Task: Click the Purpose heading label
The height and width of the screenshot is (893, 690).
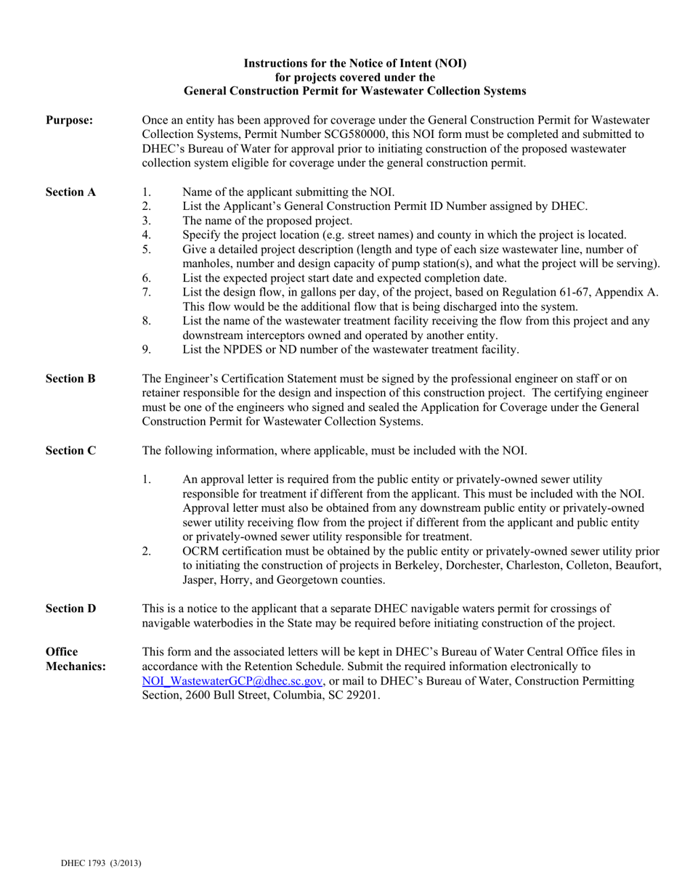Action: tap(69, 121)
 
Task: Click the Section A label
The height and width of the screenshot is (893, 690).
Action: tap(70, 192)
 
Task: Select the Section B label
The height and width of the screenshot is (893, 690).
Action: tap(70, 379)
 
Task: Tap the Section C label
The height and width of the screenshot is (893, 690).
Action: tap(70, 451)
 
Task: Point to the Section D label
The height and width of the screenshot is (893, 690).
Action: tap(70, 609)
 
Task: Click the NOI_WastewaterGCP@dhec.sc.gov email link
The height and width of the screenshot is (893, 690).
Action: tap(232, 682)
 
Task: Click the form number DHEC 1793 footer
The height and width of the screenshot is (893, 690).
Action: tap(101, 863)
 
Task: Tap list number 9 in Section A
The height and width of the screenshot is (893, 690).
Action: tap(146, 350)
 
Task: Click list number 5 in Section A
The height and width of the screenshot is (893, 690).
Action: tap(146, 250)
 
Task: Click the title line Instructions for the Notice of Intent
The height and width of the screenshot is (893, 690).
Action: tap(355, 64)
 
